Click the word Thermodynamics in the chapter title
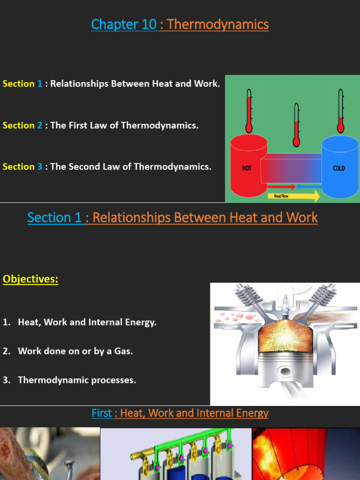coord(217,24)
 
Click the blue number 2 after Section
coord(39,125)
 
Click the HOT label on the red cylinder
coord(247,168)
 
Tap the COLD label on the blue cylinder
coord(338,168)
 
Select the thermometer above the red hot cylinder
coord(249,111)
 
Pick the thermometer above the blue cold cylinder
coord(341,111)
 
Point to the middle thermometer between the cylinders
coord(296,125)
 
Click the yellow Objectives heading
coord(30,279)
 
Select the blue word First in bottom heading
coord(101,413)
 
